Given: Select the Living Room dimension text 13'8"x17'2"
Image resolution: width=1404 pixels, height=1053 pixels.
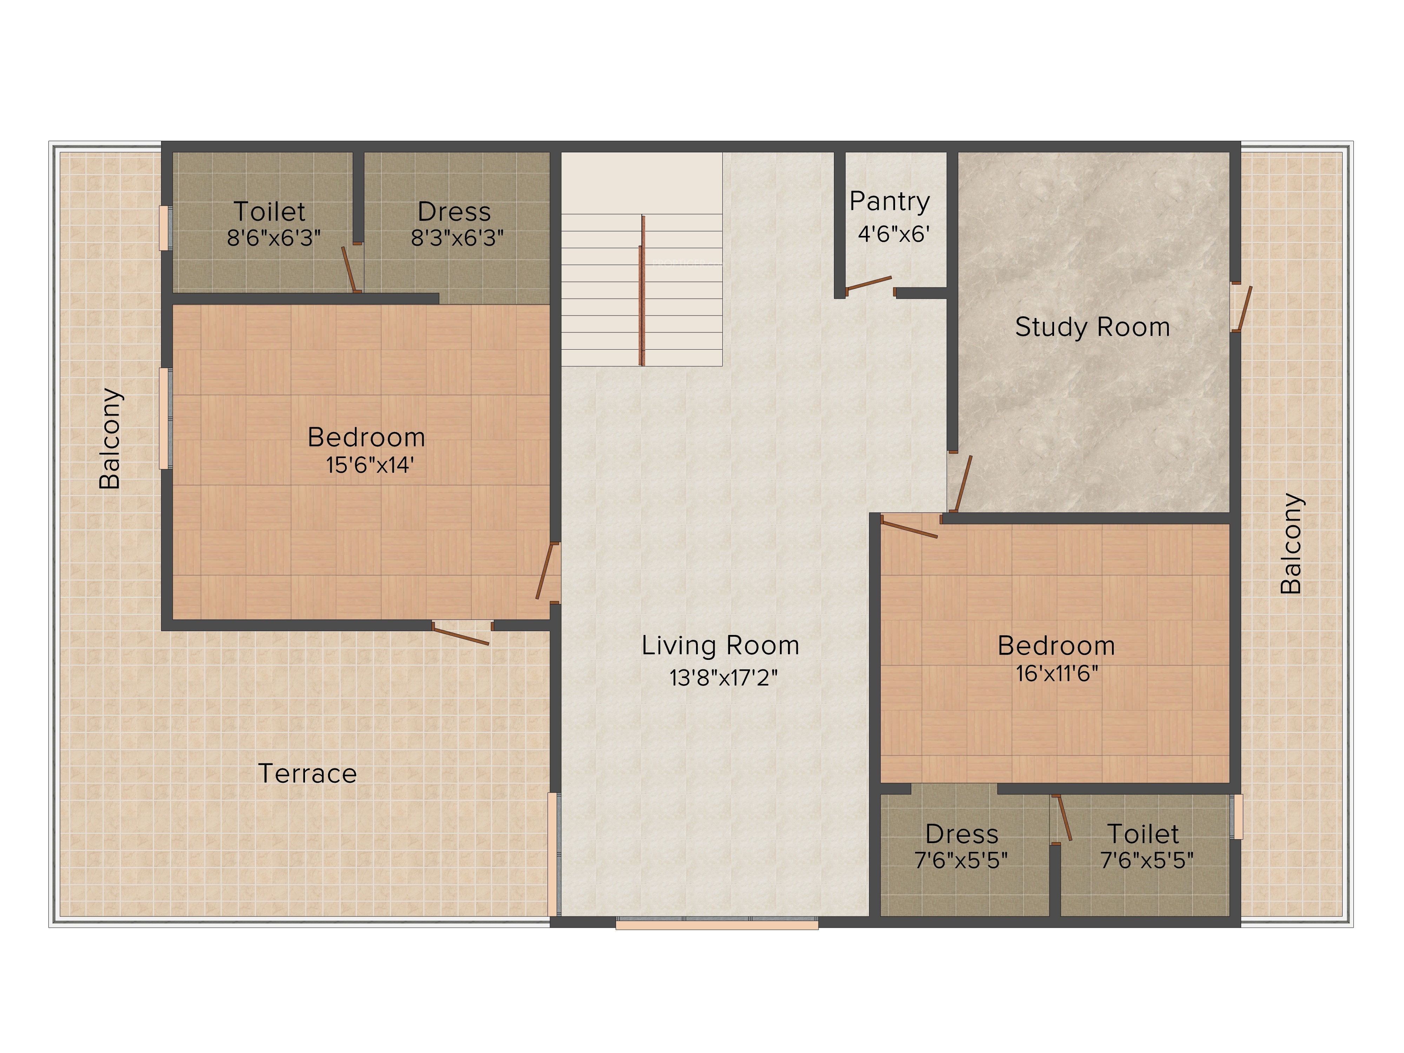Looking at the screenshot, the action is [723, 678].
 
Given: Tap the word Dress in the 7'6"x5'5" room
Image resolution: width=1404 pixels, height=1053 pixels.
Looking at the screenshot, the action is [962, 834].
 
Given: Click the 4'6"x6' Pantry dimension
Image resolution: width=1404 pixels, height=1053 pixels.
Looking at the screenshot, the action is [894, 234].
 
